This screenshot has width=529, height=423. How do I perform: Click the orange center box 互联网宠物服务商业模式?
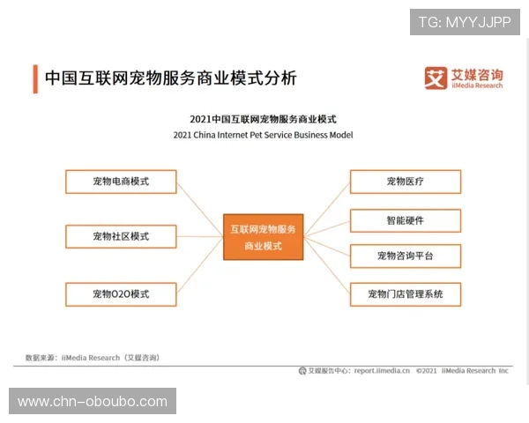click(x=262, y=236)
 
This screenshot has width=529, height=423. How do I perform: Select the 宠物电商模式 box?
click(x=121, y=182)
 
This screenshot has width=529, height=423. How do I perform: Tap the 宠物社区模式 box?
click(x=121, y=236)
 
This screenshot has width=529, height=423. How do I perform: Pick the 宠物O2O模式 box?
click(x=121, y=293)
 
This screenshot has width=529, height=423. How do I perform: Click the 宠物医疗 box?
click(x=405, y=182)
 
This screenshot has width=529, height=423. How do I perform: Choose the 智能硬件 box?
click(x=405, y=220)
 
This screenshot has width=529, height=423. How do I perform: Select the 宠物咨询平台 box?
click(x=405, y=256)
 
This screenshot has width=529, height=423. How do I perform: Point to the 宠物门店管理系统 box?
click(x=405, y=293)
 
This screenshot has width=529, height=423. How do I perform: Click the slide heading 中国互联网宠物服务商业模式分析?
click(x=171, y=78)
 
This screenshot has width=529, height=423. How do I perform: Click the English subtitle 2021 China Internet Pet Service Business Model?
click(x=263, y=136)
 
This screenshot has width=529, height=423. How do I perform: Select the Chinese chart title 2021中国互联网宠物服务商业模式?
click(x=263, y=118)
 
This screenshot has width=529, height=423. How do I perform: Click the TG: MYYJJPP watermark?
click(x=464, y=22)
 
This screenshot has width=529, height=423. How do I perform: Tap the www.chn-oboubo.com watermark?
click(x=92, y=402)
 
